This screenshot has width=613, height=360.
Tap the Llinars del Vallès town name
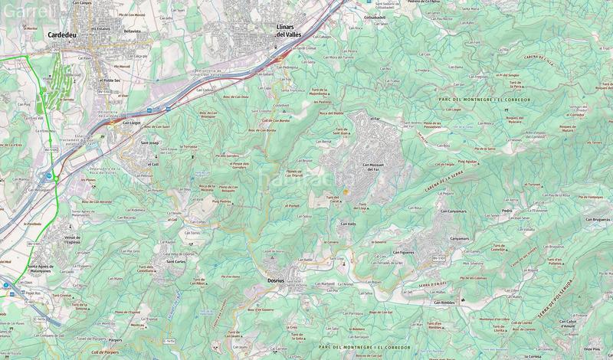point(290,31)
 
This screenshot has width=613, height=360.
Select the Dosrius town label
point(276,280)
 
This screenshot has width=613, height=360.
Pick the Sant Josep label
point(149,142)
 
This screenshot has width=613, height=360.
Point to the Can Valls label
point(348,224)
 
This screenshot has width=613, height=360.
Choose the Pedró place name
point(506,210)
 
